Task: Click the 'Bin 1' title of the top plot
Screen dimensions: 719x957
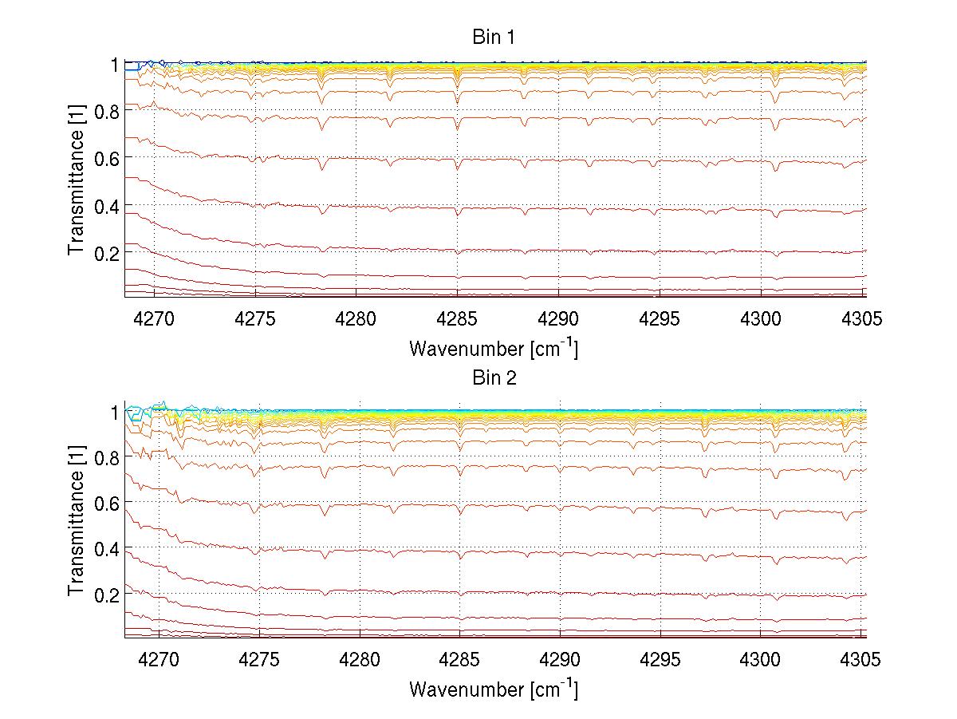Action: pyautogui.click(x=494, y=38)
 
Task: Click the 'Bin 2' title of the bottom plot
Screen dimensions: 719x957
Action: pyautogui.click(x=494, y=378)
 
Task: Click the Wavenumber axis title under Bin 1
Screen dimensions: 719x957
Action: pyautogui.click(x=494, y=348)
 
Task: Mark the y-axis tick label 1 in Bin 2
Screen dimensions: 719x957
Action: pyautogui.click(x=113, y=412)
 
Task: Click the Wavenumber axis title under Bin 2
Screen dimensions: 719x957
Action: pyautogui.click(x=494, y=689)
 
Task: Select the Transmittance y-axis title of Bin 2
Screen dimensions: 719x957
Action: pyautogui.click(x=76, y=522)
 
